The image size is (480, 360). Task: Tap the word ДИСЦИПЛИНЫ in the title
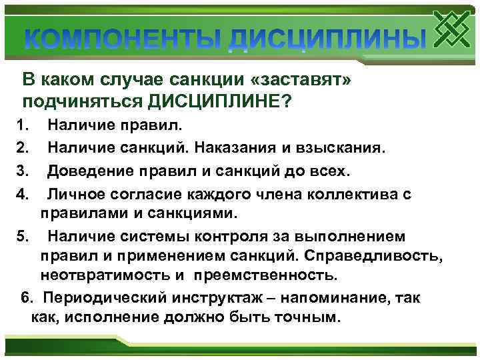click(326, 41)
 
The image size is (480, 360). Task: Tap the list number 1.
click(21, 124)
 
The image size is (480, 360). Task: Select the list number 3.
click(21, 170)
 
